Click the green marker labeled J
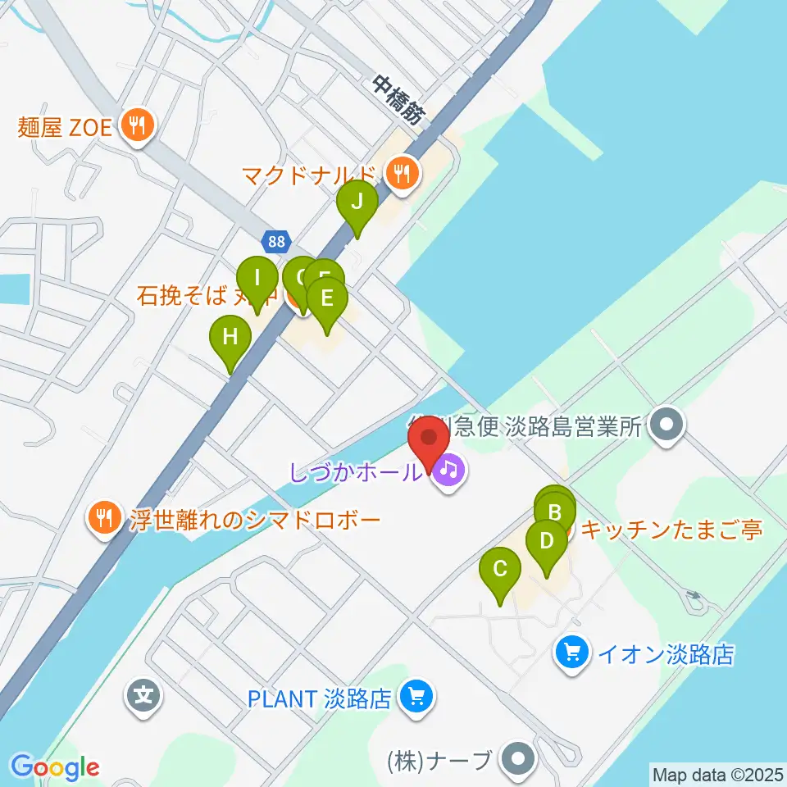pyautogui.click(x=357, y=202)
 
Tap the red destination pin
pyautogui.click(x=428, y=442)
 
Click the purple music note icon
pyautogui.click(x=449, y=471)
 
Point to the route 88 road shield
pyautogui.click(x=276, y=242)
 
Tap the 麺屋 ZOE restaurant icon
pyautogui.click(x=134, y=125)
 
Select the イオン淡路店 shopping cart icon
pyautogui.click(x=571, y=653)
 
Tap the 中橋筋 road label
pyautogui.click(x=399, y=99)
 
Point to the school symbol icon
pyautogui.click(x=144, y=698)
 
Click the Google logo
pyautogui.click(x=56, y=767)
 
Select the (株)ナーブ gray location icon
pyautogui.click(x=517, y=758)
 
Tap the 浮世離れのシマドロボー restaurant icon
pyautogui.click(x=103, y=519)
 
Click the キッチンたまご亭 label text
pyautogui.click(x=671, y=530)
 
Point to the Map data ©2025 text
pyautogui.click(x=717, y=773)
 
